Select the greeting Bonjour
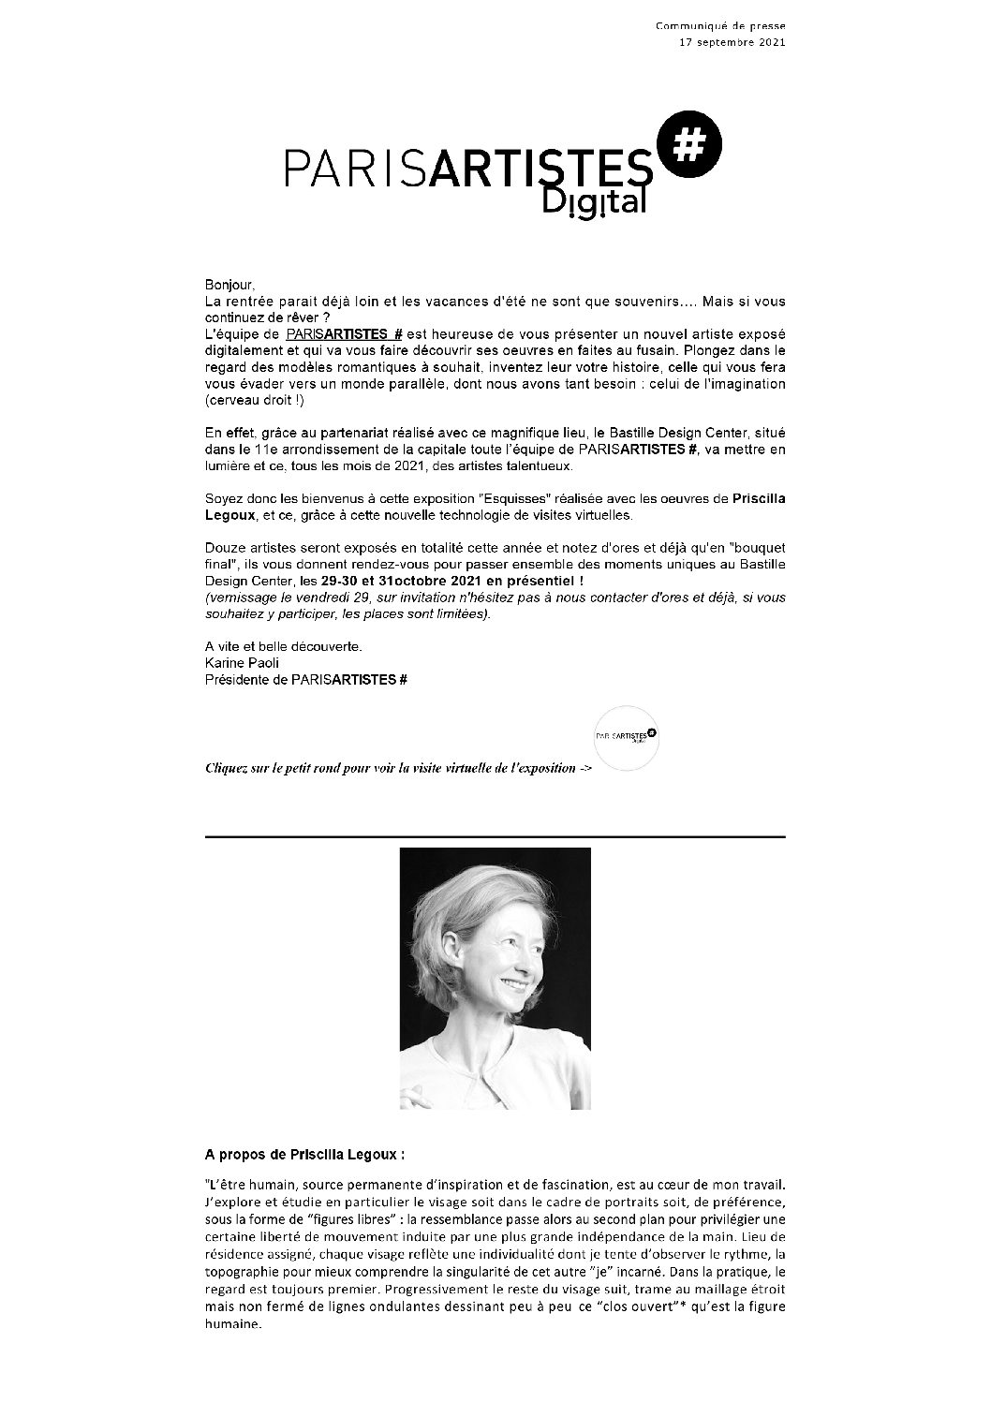click(229, 284)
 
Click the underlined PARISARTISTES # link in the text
click(344, 334)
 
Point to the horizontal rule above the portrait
click(495, 836)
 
